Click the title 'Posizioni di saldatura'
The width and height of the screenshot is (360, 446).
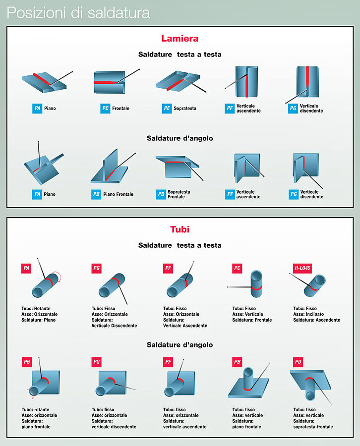pyautogui.click(x=78, y=13)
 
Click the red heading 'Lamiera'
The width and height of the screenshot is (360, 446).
pyautogui.click(x=180, y=38)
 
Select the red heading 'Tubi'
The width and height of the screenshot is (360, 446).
pyautogui.click(x=180, y=229)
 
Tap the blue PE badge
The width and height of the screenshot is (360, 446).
pyautogui.click(x=167, y=109)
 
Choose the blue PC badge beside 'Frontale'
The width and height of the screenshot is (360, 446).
pyautogui.click(x=105, y=109)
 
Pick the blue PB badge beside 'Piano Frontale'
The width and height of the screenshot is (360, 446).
pyautogui.click(x=96, y=194)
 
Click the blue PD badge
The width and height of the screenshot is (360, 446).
pyautogui.click(x=161, y=194)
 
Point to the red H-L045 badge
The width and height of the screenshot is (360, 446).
pyautogui.click(x=302, y=268)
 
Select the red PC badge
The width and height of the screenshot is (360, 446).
pyautogui.click(x=237, y=268)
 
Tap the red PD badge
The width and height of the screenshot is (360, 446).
pyautogui.click(x=298, y=362)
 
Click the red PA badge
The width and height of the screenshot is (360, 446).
pyautogui.click(x=26, y=268)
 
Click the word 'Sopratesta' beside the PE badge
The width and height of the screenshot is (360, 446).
pyautogui.click(x=185, y=109)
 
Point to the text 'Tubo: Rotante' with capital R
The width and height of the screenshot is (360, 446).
pyautogui.click(x=36, y=309)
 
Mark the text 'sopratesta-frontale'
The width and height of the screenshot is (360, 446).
pyautogui.click(x=313, y=427)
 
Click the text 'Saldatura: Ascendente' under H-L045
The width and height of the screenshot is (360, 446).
pyautogui.click(x=317, y=320)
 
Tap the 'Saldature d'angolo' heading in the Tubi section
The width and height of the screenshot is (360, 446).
pyautogui.click(x=180, y=345)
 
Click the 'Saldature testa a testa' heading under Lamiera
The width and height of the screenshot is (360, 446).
pyautogui.click(x=180, y=55)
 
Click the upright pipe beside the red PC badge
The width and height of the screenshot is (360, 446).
pyautogui.click(x=256, y=284)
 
